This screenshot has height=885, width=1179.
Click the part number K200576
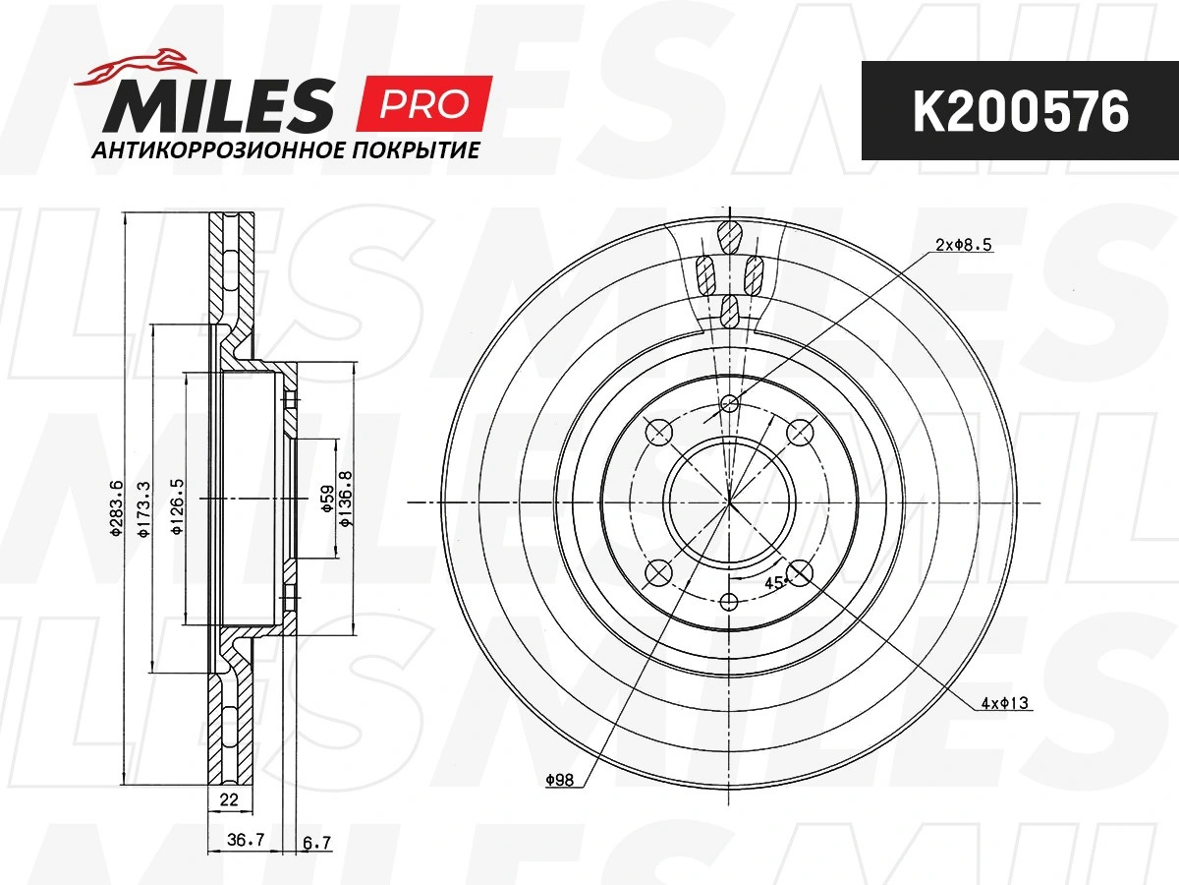[x=1021, y=111]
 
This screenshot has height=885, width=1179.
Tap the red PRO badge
[x=424, y=103]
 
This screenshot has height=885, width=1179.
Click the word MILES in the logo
[x=217, y=105]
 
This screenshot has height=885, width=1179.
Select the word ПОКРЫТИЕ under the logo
[x=416, y=150]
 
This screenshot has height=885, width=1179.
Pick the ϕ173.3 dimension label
[x=144, y=508]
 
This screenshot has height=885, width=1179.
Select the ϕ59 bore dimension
[x=328, y=500]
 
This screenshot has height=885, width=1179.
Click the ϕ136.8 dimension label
[x=345, y=499]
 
